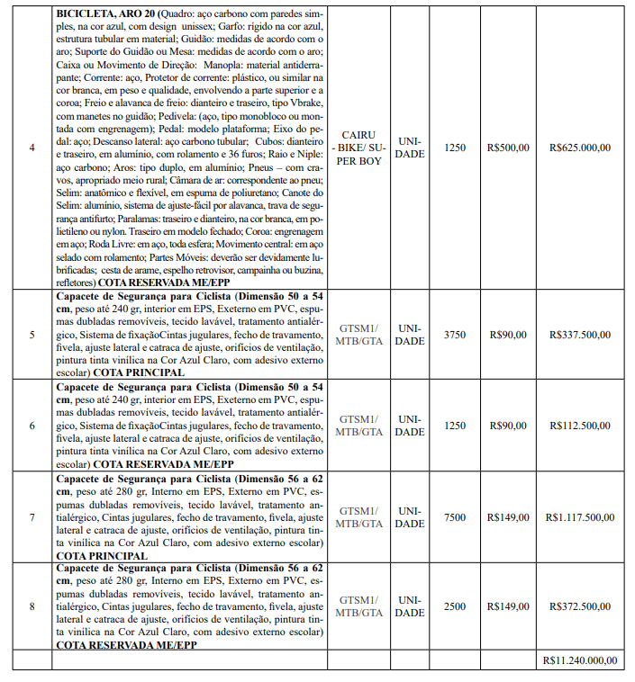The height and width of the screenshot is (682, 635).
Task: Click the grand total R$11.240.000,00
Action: point(581,660)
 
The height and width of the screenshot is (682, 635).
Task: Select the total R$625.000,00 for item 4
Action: point(581,148)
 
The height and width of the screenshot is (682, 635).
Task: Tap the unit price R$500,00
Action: point(508,148)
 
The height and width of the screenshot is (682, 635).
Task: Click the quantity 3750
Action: point(456,335)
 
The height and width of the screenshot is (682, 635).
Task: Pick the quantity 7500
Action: point(456,517)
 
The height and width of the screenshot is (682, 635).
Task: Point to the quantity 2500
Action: point(456,606)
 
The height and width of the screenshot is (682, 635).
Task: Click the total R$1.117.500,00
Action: point(581,517)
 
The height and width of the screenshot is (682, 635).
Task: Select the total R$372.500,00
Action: point(581,606)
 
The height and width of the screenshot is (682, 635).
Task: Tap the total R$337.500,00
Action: point(581,335)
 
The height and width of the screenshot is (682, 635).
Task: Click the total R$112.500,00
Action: point(581,425)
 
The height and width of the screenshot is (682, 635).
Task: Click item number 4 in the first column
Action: point(32,148)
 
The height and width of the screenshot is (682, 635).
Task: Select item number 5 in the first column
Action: point(32,335)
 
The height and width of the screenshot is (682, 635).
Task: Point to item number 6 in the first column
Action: point(32,425)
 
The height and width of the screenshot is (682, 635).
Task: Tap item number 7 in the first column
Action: point(32,517)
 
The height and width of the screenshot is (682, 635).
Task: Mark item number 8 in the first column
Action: point(32,606)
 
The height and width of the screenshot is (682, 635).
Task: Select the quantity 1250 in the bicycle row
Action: point(456,148)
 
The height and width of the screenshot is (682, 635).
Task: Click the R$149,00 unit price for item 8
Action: point(508,606)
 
